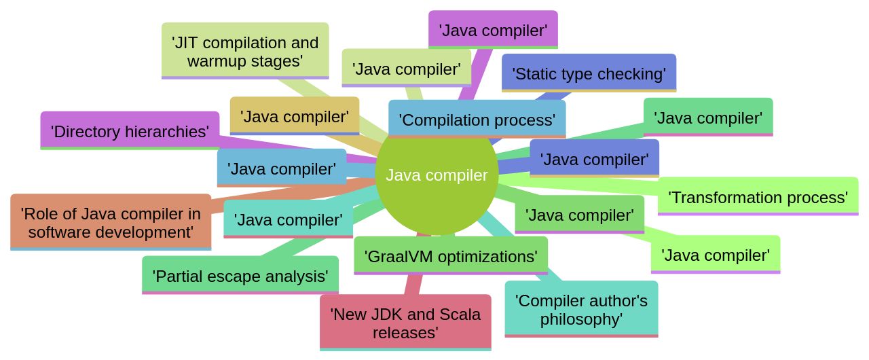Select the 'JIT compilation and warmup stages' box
coord(245,51)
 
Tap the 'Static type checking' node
coord(589,73)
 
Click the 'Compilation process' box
coord(477,120)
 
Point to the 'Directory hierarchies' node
coord(130,131)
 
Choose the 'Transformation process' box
coord(758,197)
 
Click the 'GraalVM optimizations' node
coord(451,256)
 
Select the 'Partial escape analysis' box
coord(240,276)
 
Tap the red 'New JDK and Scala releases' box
coord(405,323)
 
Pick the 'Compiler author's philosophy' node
coord(581,309)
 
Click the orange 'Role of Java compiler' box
coord(111,223)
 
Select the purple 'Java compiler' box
coord(493,30)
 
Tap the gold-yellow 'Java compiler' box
coord(295,116)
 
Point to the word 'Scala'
coord(451,314)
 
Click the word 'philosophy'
coord(581,319)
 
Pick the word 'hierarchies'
coord(168,131)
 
